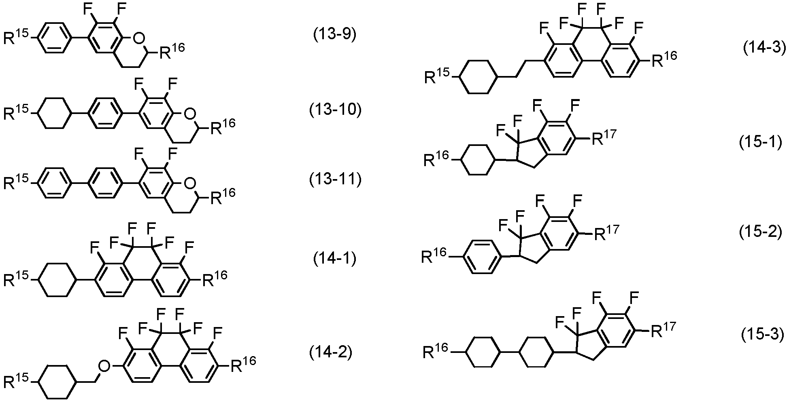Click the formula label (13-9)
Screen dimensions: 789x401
(x=335, y=35)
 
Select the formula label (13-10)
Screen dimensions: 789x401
(x=335, y=110)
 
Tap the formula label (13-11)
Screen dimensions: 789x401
(x=335, y=179)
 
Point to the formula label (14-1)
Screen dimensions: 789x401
(x=335, y=259)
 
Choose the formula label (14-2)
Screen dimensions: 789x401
(x=331, y=353)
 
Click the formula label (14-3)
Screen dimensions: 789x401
(x=763, y=49)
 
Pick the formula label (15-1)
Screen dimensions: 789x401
(x=760, y=143)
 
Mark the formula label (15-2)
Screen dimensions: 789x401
(x=760, y=233)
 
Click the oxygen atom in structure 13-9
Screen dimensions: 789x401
(x=139, y=39)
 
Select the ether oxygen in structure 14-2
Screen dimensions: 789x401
(x=105, y=367)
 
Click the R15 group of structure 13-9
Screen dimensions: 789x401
(x=16, y=37)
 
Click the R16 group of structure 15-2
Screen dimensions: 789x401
(x=434, y=255)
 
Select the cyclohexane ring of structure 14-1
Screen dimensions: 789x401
(x=57, y=280)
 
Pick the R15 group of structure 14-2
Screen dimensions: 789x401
(x=16, y=381)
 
